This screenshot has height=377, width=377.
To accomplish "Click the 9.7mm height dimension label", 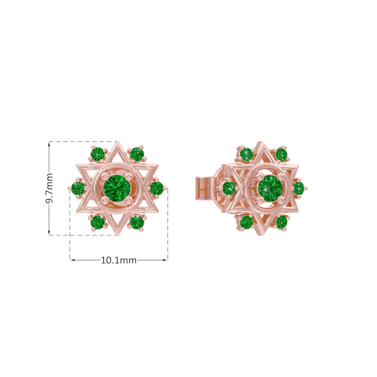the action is (49, 188).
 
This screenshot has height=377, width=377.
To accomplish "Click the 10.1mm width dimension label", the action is (119, 260).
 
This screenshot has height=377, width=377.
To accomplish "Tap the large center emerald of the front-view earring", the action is (116, 188).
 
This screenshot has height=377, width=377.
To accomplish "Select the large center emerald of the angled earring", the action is (270, 188).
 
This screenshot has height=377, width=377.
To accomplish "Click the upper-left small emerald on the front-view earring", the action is (98, 154).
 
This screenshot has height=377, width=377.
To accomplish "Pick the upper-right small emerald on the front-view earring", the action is (137, 154).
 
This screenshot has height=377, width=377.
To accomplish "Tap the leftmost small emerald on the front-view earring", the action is (78, 188).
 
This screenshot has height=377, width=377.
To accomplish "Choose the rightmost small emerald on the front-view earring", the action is (156, 188).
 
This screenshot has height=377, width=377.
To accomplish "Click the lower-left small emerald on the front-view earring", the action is (98, 222).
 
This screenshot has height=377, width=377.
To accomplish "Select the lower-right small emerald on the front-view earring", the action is (137, 222).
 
